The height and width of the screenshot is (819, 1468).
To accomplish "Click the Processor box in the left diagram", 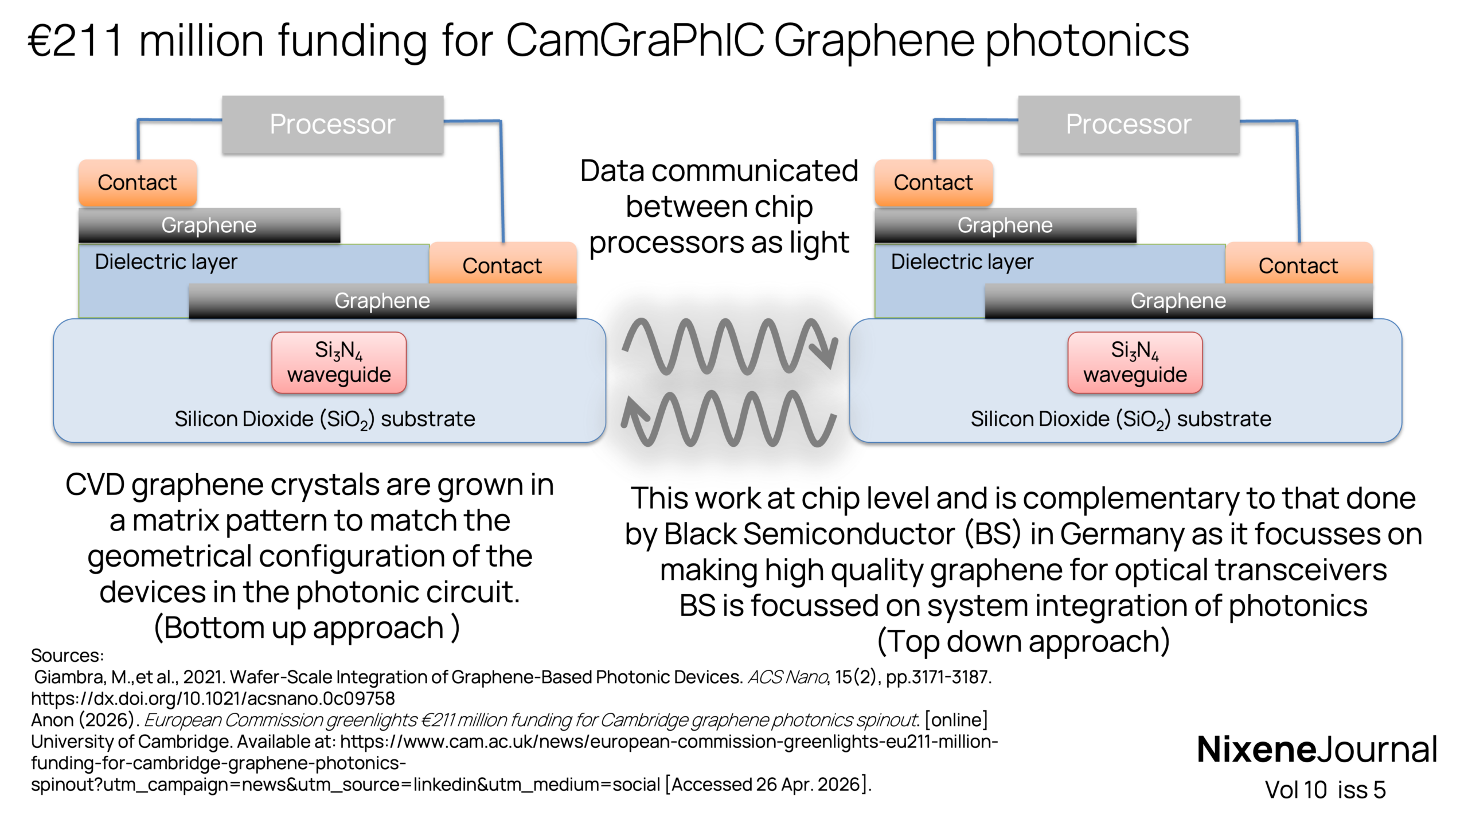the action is [333, 124].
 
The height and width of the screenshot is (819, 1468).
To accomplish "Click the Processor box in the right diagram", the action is [1129, 124].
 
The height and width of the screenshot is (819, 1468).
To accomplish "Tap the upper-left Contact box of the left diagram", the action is [138, 183].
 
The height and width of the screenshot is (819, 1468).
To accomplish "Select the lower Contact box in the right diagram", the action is [1299, 264].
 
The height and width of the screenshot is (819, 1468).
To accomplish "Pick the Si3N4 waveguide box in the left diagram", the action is [339, 362].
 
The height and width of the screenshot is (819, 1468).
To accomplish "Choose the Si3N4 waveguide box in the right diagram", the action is [1135, 362].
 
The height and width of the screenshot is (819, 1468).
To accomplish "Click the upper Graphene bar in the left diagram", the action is [209, 225].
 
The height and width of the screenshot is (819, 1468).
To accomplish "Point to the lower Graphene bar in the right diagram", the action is [1178, 301].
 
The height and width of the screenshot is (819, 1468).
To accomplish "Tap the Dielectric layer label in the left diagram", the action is [166, 262].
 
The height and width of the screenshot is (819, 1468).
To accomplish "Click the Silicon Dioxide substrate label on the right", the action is [1120, 419].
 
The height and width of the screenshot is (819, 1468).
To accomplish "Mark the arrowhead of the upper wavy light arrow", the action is [826, 351].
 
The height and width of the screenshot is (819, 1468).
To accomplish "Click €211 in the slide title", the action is [76, 41].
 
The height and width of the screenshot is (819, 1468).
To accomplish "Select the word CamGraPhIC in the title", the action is [634, 41].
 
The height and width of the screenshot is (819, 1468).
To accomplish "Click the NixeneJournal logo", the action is [1317, 749].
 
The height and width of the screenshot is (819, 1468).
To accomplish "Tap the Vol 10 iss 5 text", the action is [1325, 790].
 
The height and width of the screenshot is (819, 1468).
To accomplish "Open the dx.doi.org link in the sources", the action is [213, 699].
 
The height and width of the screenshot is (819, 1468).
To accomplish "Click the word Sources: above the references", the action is [67, 656].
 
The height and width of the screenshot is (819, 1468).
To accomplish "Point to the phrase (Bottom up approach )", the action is [307, 628].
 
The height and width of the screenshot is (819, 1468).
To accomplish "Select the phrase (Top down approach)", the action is [1024, 641].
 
